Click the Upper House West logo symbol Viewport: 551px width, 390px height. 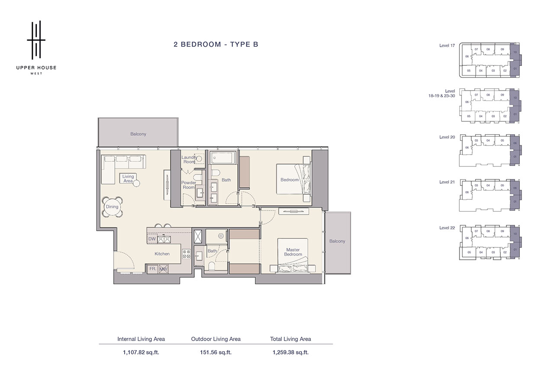tap(36, 39)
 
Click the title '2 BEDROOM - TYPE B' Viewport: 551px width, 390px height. tap(216, 44)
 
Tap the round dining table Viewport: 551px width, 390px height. tap(112, 207)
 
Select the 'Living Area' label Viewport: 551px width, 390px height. tap(128, 179)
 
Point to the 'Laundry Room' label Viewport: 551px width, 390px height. tap(189, 159)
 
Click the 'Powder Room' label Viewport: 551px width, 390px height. tap(189, 185)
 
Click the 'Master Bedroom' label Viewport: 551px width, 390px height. tap(293, 252)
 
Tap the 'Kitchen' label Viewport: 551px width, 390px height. tap(162, 254)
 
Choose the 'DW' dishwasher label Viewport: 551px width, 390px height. tap(152, 239)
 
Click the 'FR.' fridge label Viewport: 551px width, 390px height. tap(152, 269)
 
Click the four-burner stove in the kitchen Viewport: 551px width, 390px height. tap(187, 254)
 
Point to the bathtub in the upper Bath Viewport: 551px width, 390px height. tap(223, 159)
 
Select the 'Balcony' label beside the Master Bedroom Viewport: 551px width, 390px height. tap(337, 241)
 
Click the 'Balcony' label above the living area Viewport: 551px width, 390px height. tap(138, 134)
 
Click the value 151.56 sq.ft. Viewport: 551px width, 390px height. tap(216, 352)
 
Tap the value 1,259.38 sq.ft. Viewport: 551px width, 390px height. tap(290, 352)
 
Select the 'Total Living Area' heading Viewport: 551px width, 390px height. tap(290, 339)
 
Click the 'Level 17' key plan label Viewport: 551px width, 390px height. tap(447, 45)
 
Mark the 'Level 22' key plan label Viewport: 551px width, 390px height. tap(447, 228)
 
